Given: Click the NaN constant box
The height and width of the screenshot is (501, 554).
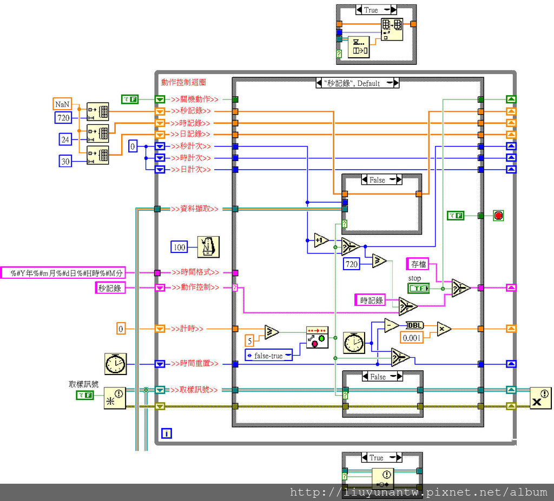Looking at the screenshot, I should click(62, 104).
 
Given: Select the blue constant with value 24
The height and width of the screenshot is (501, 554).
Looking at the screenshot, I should click(65, 139).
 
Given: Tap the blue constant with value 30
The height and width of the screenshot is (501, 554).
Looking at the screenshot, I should click(65, 161).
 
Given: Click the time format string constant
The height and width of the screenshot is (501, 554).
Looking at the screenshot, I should click(63, 273).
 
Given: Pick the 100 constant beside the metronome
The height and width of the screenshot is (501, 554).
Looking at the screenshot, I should click(180, 248).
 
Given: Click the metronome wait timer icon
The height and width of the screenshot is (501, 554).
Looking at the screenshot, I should click(208, 247).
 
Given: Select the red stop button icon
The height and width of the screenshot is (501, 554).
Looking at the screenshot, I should click(498, 216).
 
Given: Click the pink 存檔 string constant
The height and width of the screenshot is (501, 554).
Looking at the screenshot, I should click(417, 264).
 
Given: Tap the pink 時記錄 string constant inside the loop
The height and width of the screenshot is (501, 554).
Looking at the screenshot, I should click(372, 300).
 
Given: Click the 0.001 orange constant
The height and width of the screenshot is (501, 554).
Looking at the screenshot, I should click(411, 337).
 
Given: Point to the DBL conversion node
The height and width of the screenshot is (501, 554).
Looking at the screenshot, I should click(415, 325).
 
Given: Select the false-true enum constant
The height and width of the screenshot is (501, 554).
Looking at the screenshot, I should click(269, 356).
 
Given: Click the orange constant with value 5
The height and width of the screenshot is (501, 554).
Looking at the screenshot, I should click(249, 340).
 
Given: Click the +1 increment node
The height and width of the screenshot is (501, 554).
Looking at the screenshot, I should click(321, 240).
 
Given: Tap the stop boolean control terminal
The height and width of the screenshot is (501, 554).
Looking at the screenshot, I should click(418, 289).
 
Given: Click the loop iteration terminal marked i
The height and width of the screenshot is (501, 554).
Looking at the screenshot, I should click(167, 433).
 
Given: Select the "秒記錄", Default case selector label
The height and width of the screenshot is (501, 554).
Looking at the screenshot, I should click(357, 83).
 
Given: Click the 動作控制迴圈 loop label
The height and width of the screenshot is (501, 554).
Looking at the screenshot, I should click(183, 82).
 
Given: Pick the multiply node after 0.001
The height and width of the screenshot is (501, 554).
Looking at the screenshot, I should click(444, 328).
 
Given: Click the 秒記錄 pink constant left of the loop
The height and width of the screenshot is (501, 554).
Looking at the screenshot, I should click(110, 288).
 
